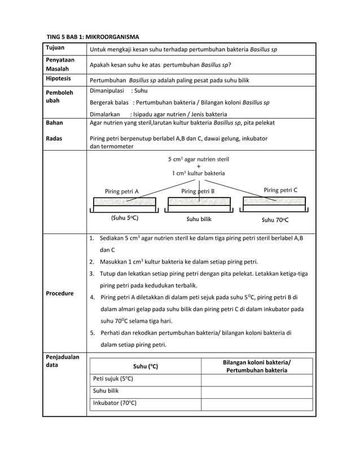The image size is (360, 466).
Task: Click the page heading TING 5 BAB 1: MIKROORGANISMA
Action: coord(93,37)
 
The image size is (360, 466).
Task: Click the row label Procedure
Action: coord(60,293)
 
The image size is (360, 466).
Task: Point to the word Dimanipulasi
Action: coord(107,90)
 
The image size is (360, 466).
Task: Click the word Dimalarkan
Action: coord(105,114)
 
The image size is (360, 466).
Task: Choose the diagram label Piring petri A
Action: coord(122,192)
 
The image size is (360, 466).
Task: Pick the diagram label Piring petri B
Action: coord(197,192)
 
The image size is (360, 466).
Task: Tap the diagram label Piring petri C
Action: coord(280,190)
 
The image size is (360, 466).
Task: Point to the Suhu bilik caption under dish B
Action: coord(199,219)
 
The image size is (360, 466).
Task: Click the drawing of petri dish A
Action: coord(124,202)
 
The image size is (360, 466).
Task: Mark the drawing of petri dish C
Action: coord(274,201)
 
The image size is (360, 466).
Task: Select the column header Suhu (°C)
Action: coord(146,367)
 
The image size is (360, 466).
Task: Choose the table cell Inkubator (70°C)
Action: coord(115,403)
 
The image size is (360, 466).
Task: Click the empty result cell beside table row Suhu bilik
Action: coord(257,391)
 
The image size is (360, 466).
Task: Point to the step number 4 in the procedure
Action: coord(91,297)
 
